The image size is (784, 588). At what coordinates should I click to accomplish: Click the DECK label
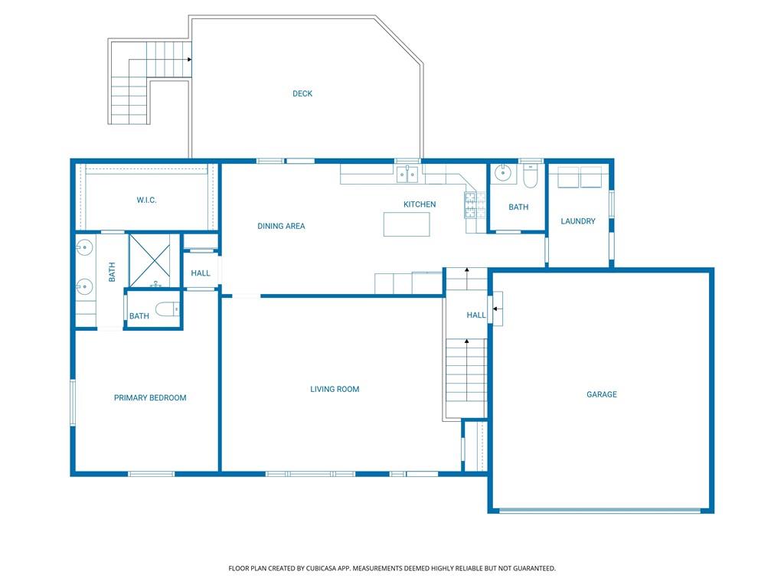[x=302, y=93]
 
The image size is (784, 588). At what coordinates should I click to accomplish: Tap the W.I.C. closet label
[x=146, y=200]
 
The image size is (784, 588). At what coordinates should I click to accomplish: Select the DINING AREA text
[x=281, y=226]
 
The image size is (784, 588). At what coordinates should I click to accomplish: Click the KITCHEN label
[x=420, y=204]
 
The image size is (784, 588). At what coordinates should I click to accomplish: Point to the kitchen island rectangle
[x=407, y=224]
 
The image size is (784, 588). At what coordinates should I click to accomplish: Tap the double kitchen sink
[x=407, y=175]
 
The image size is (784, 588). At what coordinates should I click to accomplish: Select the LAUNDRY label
[x=578, y=221]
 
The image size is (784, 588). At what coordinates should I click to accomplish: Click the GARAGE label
[x=602, y=394]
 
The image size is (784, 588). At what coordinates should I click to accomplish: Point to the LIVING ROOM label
[x=335, y=389]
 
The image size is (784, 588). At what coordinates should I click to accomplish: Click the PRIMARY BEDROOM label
[x=150, y=397]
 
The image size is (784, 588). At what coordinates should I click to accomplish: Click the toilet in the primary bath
[x=168, y=309]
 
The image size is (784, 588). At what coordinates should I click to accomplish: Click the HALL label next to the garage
[x=476, y=315]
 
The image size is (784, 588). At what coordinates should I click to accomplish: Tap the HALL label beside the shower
[x=201, y=273]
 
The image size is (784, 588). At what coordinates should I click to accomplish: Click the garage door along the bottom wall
[x=600, y=511]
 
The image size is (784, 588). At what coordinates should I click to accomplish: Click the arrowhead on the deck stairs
[x=190, y=60]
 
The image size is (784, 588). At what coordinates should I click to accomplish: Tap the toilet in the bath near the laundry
[x=530, y=175]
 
